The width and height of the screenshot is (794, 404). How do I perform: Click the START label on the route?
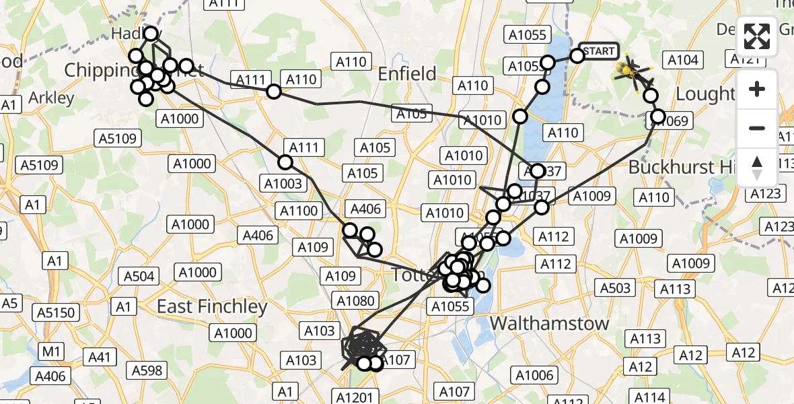(598, 51)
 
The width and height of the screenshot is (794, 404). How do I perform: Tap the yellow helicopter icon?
(630, 69)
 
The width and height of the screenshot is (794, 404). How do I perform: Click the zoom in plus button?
(757, 89)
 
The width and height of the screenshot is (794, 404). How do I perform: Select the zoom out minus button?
(757, 128)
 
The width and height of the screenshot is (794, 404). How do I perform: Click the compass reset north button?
(757, 168)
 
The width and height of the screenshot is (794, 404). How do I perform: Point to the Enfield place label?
(407, 73)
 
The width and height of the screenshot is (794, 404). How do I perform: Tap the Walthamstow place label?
(549, 323)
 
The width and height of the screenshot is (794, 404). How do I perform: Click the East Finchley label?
(212, 306)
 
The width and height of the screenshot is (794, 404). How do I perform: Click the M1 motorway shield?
(51, 351)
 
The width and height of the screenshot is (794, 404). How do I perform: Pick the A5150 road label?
(58, 312)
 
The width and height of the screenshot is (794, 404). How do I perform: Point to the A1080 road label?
(357, 300)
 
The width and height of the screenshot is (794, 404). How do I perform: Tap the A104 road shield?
(682, 60)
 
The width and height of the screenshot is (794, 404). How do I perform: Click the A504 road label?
(139, 276)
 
